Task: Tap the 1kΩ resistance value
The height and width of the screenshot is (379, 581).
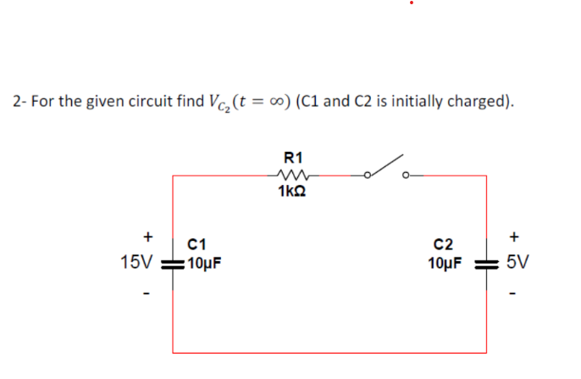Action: [292, 192]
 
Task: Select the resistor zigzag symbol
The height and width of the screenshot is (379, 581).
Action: [293, 174]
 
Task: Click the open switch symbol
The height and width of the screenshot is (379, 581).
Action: [385, 170]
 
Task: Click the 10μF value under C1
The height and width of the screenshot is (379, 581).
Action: [204, 262]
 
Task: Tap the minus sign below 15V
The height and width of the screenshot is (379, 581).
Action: [147, 294]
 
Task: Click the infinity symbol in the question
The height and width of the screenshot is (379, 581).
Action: [276, 102]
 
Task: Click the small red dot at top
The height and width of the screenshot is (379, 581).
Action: [411, 3]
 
